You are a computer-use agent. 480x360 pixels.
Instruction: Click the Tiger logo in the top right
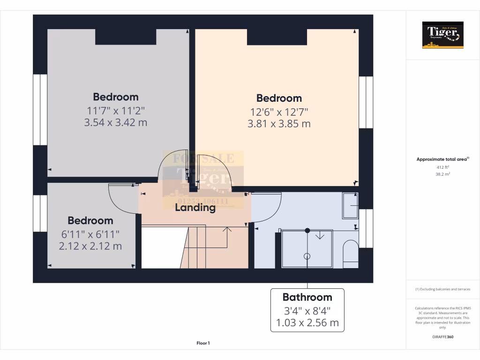[x=443, y=35]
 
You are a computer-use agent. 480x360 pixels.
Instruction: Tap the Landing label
[x=195, y=207]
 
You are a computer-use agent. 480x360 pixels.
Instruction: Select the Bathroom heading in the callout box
[x=307, y=297]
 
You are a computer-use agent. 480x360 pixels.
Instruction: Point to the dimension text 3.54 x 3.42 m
[x=116, y=123]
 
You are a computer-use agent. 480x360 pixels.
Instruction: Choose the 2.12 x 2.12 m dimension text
[x=90, y=246]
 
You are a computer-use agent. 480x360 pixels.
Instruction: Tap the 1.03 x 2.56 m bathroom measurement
[x=307, y=323]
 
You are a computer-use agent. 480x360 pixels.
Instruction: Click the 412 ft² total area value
[x=443, y=167]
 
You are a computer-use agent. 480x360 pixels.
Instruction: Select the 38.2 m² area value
[x=443, y=173]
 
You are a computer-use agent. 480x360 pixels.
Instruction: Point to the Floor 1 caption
[x=203, y=343]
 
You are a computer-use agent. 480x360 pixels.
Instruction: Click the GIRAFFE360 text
[x=443, y=337]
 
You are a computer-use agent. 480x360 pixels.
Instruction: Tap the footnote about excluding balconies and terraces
[x=443, y=289]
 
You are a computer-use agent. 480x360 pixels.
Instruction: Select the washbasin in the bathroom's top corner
[x=350, y=206]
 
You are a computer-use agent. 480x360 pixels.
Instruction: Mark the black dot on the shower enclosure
[x=307, y=230]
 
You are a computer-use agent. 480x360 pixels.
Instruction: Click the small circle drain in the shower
[x=307, y=256]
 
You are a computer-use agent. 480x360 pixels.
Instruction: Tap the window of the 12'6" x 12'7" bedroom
[x=366, y=102]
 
